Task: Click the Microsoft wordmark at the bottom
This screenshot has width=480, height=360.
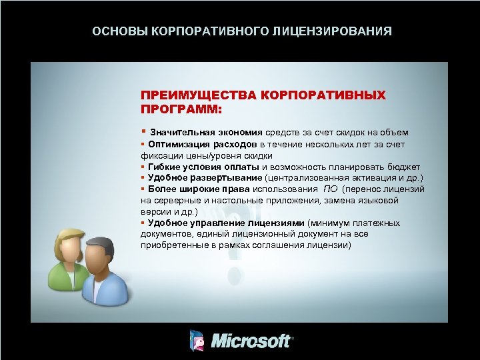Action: click(x=251, y=341)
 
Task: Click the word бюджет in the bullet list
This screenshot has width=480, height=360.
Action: click(x=406, y=167)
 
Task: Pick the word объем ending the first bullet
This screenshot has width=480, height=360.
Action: click(x=396, y=133)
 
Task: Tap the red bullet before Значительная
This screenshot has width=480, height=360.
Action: click(x=143, y=132)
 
